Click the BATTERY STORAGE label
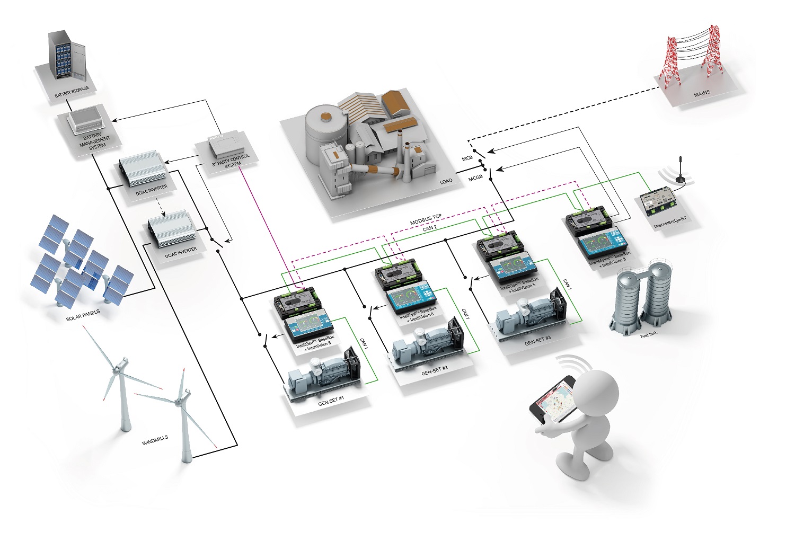(72, 92)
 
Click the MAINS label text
(702, 93)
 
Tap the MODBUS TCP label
(426, 219)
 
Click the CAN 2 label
(430, 228)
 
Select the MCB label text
(467, 158)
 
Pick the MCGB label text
(475, 178)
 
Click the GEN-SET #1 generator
(323, 373)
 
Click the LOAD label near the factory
(446, 182)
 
